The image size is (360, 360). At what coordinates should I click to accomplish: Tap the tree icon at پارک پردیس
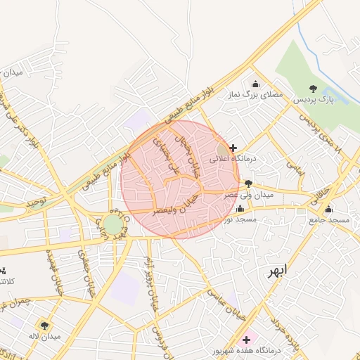pyautogui.click(x=313, y=89)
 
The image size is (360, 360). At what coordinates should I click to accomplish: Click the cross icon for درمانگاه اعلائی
pyautogui.click(x=233, y=148)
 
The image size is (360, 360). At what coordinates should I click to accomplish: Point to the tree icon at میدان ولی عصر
pyautogui.click(x=248, y=184)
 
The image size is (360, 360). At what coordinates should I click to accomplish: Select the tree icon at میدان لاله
pyautogui.click(x=45, y=325)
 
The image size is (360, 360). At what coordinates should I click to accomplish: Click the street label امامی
pyautogui.click(x=294, y=165)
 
